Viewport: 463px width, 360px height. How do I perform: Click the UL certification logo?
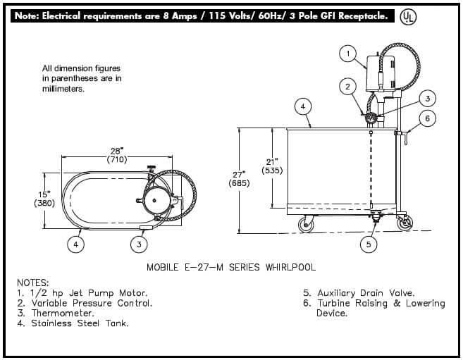tap(408, 17)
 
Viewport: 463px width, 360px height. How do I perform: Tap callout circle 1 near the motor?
tap(348, 54)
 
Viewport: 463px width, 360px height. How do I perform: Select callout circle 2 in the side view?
tap(347, 87)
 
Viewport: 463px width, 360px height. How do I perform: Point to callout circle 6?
tap(427, 118)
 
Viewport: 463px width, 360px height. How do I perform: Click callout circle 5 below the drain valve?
tap(368, 244)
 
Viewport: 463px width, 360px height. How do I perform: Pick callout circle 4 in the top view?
tap(76, 244)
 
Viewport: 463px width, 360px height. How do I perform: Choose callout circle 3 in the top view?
tap(139, 244)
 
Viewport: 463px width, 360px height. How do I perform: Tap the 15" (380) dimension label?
tap(44, 199)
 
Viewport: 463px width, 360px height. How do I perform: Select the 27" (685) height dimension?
tap(239, 179)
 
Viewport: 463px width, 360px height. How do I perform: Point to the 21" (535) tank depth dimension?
tap(272, 166)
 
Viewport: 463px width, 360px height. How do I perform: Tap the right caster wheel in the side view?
tap(405, 223)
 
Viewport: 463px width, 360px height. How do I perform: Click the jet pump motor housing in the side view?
tap(381, 73)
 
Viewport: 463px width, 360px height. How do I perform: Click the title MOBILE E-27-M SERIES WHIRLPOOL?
tap(231, 267)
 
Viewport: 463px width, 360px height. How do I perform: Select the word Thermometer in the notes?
tap(63, 313)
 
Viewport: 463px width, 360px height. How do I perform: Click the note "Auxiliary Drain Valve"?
tap(366, 293)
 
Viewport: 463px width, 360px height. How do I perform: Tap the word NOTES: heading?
tap(33, 283)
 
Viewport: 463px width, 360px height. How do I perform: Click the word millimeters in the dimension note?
tap(63, 89)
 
